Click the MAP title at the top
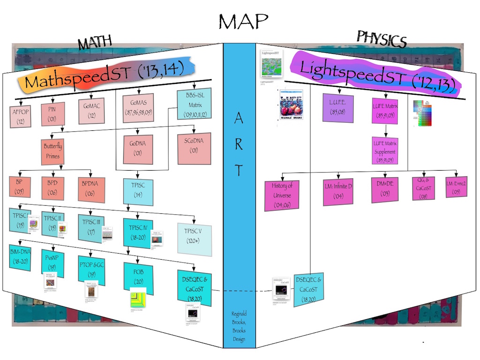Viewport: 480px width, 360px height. click(x=243, y=21)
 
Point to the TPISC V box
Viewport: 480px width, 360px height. click(x=195, y=240)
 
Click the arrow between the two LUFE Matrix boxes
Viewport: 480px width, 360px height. click(x=385, y=131)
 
